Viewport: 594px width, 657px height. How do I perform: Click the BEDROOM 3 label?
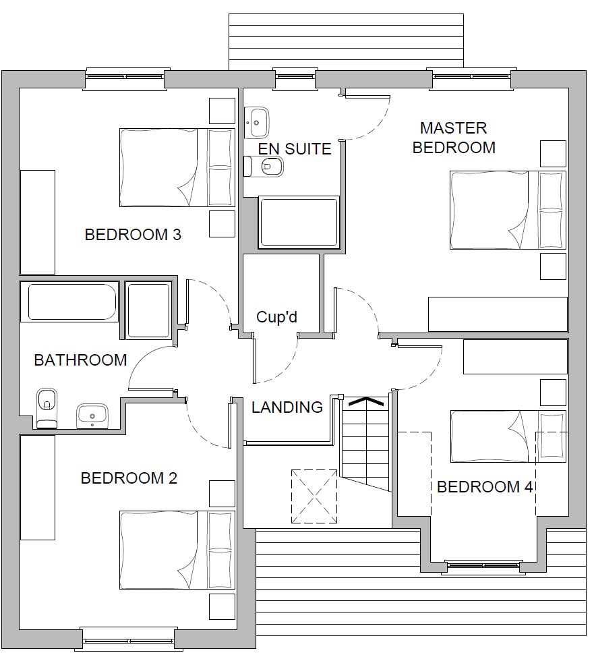click(133, 235)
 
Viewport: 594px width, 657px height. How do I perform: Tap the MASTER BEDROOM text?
click(454, 138)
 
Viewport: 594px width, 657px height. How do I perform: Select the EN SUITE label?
click(295, 149)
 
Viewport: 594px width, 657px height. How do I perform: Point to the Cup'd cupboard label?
click(276, 317)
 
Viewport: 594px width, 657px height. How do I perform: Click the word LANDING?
click(287, 407)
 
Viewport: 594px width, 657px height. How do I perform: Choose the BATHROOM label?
click(80, 360)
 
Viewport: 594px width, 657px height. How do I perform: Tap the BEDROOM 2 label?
click(129, 478)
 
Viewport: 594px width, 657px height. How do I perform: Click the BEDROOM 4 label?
click(485, 487)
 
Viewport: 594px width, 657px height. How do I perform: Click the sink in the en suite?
click(256, 123)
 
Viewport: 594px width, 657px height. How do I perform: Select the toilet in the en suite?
click(264, 167)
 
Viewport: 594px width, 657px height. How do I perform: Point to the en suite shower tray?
click(299, 222)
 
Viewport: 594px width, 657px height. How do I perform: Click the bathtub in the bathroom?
click(71, 302)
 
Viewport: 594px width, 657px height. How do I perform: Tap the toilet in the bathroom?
click(47, 408)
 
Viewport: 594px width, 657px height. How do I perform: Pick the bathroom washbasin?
click(92, 416)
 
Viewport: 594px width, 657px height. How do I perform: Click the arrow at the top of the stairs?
click(365, 401)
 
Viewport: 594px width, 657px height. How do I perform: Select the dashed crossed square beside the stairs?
click(314, 496)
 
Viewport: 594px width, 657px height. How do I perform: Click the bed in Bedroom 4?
click(508, 436)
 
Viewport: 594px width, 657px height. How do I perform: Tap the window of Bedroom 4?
click(484, 566)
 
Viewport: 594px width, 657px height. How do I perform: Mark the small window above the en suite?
click(295, 77)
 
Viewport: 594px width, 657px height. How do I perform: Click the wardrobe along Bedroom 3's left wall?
click(38, 222)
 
